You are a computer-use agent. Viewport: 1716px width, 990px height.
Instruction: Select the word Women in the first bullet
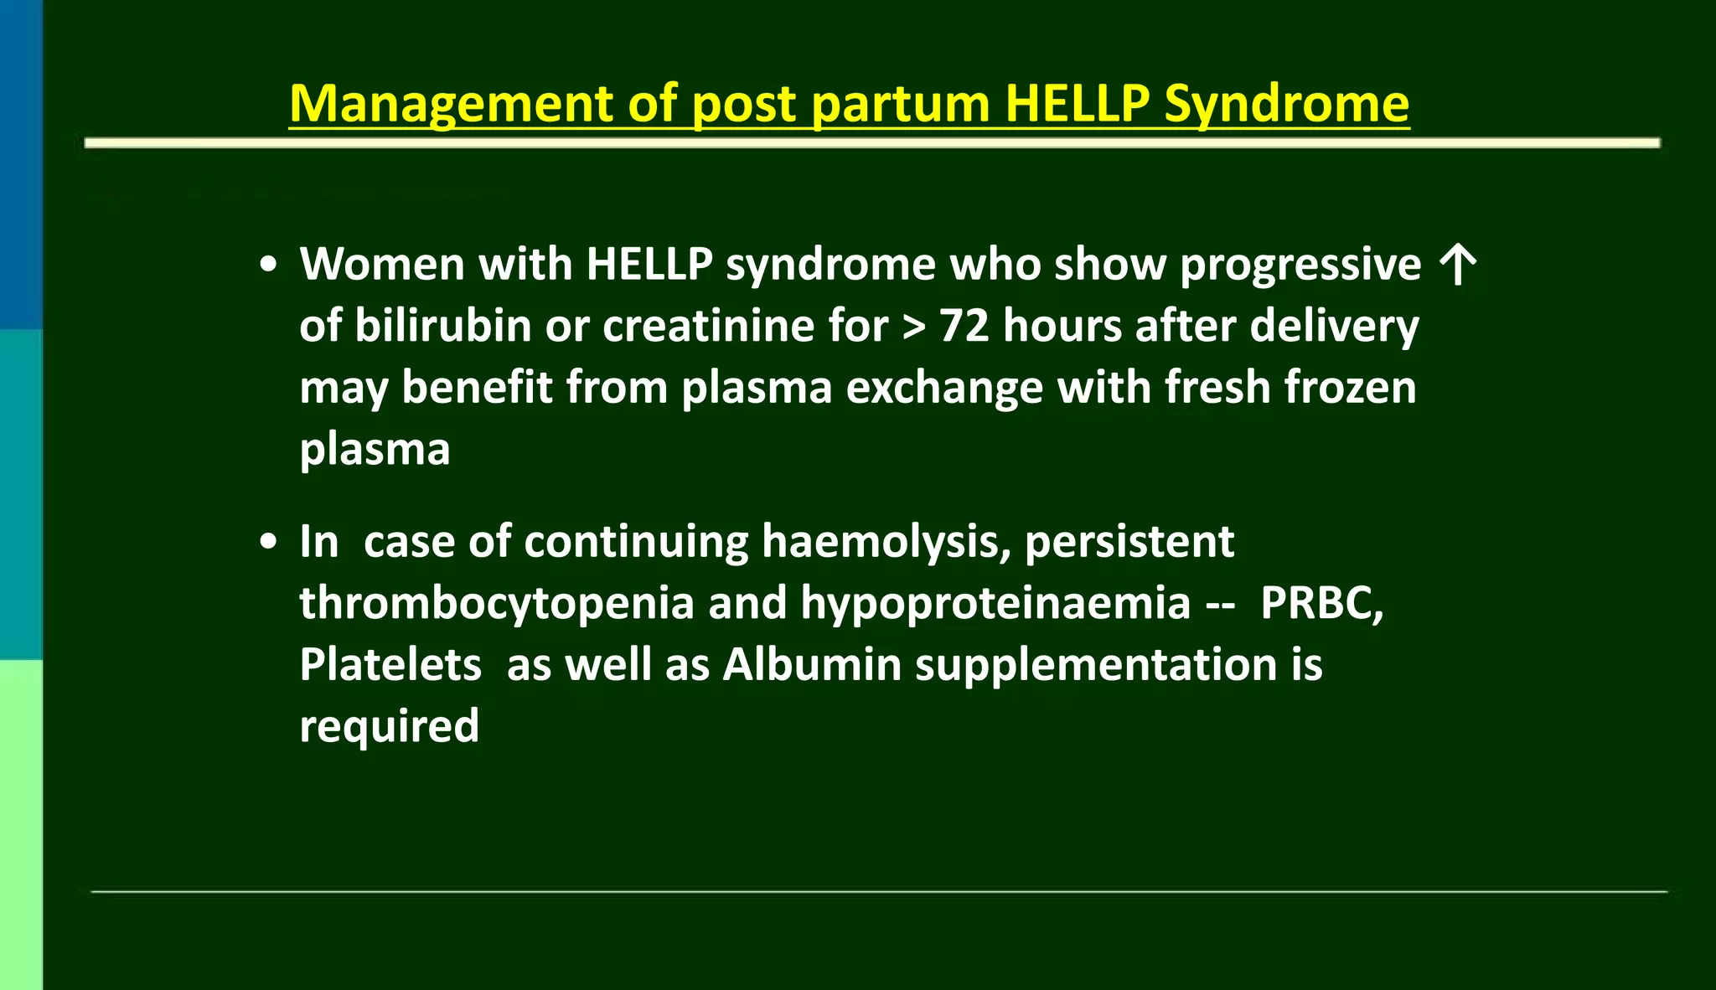(381, 265)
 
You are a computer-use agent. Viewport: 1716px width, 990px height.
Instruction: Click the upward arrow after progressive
(1458, 265)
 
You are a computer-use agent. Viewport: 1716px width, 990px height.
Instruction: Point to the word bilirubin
(442, 326)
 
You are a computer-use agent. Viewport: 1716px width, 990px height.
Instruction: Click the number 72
(964, 326)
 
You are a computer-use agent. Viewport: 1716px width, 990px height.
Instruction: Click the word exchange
(944, 389)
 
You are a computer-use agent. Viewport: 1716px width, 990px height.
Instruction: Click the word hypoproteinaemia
(995, 604)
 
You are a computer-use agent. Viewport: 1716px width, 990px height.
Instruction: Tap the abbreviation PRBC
(1321, 604)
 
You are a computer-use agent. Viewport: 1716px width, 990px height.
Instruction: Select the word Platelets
(390, 665)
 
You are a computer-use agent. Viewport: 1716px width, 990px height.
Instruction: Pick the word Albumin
(812, 665)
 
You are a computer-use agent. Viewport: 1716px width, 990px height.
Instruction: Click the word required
(390, 727)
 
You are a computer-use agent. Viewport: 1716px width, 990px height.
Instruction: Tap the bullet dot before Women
(268, 266)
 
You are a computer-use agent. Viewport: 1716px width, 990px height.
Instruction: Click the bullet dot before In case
(268, 542)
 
